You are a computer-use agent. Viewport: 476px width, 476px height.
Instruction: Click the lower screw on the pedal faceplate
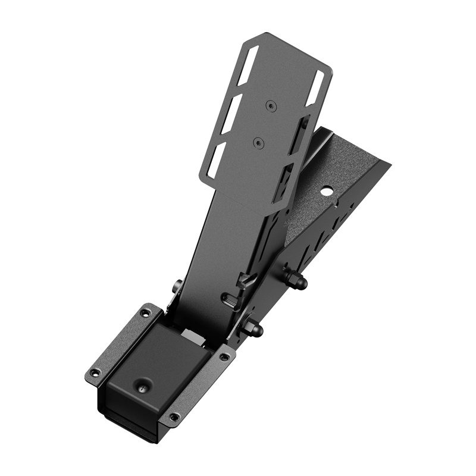(x=258, y=142)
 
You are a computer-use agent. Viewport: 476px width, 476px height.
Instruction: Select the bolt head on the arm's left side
(x=177, y=287)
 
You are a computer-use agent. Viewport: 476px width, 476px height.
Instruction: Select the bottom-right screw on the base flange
(x=173, y=417)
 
